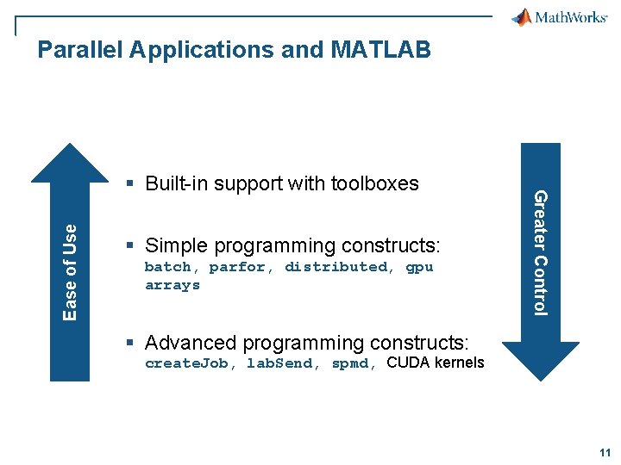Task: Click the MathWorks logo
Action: (x=559, y=17)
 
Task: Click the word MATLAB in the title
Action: (x=380, y=49)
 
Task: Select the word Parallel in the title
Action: (x=80, y=49)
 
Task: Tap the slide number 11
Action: (x=605, y=453)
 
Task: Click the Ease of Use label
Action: (x=70, y=272)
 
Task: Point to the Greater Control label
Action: (x=541, y=253)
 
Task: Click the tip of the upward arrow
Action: (x=70, y=144)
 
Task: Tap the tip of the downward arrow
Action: (x=541, y=381)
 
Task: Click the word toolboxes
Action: (x=374, y=183)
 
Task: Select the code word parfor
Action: (x=237, y=268)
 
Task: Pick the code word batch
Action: (x=167, y=267)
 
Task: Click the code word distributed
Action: (x=336, y=266)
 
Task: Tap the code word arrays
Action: (x=172, y=286)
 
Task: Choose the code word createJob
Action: (x=186, y=363)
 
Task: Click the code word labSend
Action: (x=279, y=363)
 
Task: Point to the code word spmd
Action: (x=350, y=363)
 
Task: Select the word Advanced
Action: (x=191, y=343)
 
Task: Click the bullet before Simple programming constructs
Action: (x=130, y=245)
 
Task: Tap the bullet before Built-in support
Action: (x=130, y=183)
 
